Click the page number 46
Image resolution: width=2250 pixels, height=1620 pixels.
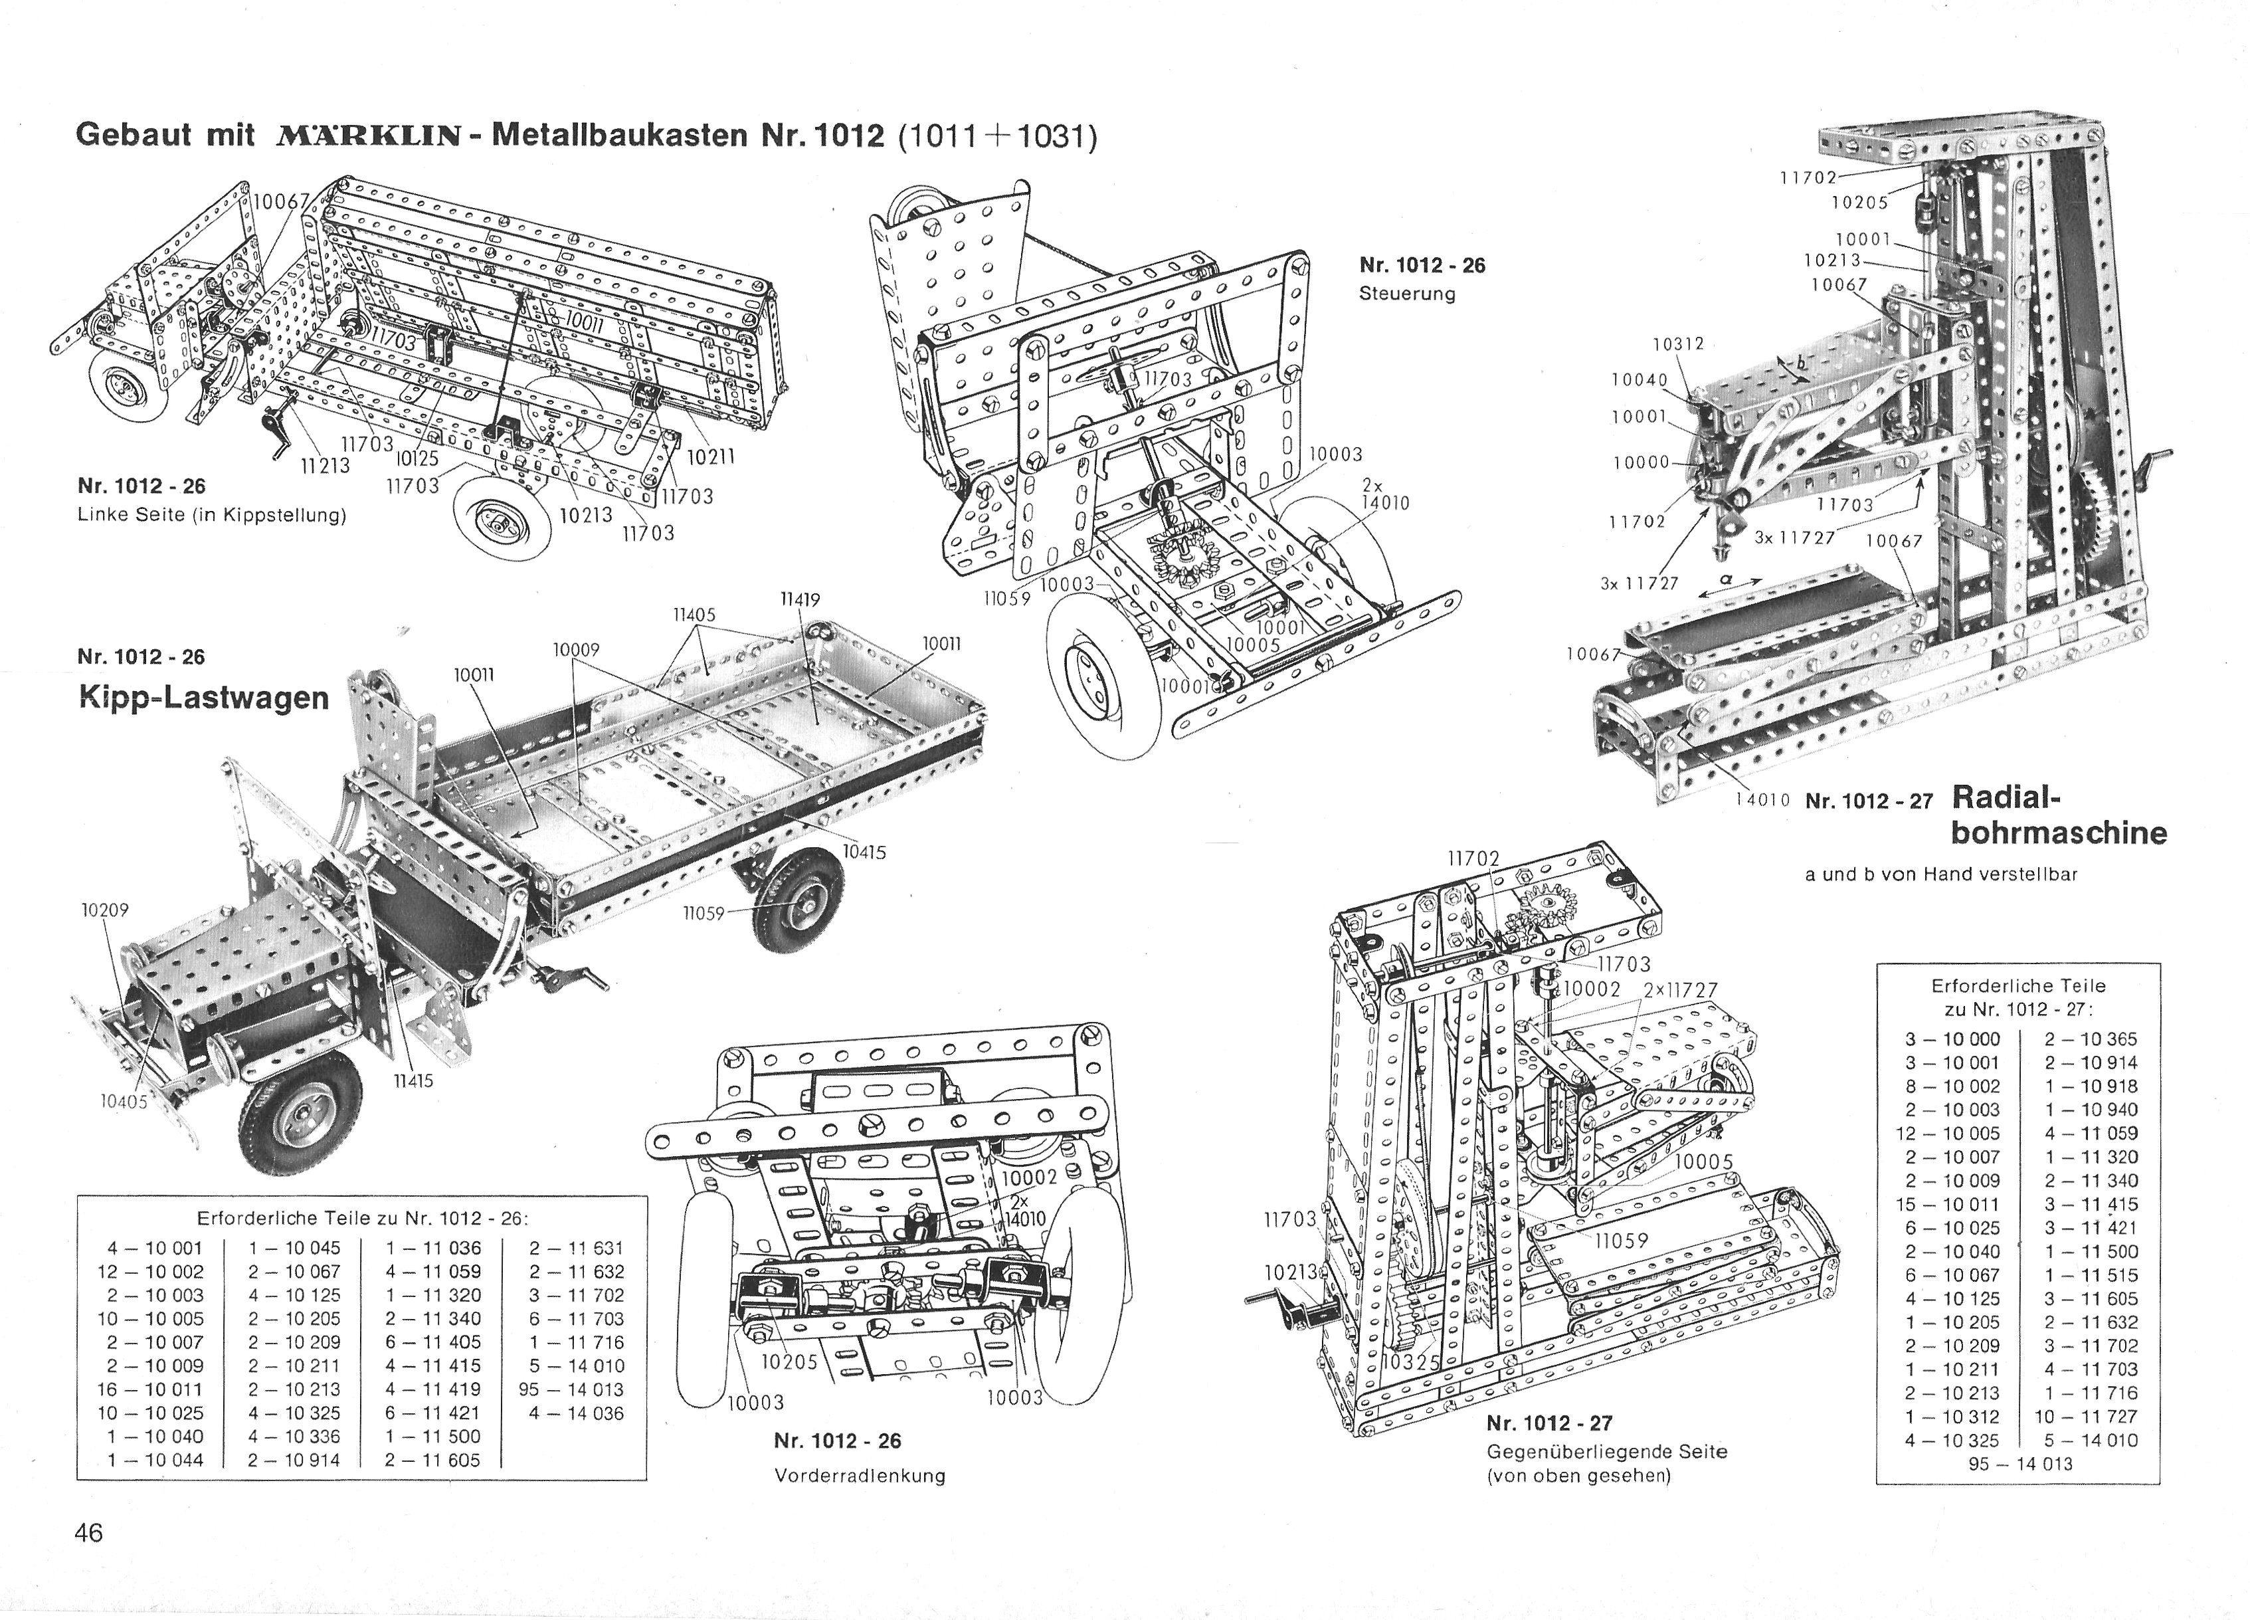(88, 1533)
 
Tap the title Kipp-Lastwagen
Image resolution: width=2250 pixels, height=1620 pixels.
(203, 698)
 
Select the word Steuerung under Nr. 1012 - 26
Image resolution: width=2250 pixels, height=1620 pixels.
(1407, 294)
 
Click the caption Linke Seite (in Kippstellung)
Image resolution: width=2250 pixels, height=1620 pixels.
(211, 516)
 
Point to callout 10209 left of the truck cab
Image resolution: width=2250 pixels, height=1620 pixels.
(105, 910)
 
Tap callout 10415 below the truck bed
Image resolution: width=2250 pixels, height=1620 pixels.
(864, 852)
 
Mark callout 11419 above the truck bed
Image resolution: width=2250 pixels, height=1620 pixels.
(800, 599)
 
